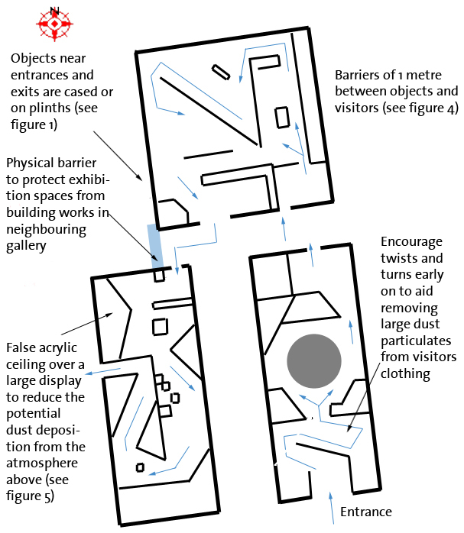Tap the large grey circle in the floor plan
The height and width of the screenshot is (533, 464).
pos(314,361)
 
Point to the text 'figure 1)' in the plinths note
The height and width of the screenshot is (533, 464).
pos(31,124)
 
